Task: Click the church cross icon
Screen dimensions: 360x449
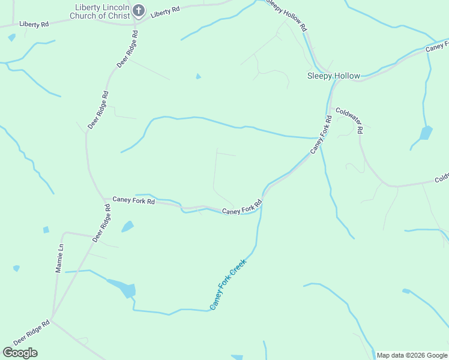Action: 139,10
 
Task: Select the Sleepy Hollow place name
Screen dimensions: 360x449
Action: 333,76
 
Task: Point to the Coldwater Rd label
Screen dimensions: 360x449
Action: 349,120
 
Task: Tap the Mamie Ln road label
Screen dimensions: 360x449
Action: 59,259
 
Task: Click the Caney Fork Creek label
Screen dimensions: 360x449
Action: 228,284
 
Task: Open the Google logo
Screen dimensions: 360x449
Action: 20,353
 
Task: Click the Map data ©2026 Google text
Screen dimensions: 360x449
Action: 412,355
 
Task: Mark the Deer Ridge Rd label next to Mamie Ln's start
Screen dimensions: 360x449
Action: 102,223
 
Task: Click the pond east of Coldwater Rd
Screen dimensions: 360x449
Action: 426,133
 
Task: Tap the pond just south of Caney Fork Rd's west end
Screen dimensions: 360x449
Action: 127,226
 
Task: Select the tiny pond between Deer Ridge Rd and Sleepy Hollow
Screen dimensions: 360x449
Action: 198,76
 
